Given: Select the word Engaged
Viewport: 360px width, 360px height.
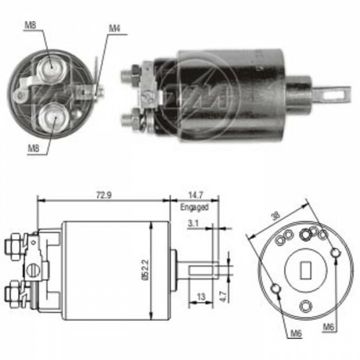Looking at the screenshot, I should (194, 207).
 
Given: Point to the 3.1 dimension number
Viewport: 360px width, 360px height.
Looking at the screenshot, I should (194, 223).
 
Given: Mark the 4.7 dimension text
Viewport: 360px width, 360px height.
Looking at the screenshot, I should (222, 295).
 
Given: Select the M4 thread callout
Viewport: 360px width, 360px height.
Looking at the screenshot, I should (115, 28).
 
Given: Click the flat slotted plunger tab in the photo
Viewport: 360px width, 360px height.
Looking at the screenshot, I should (336, 94).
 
